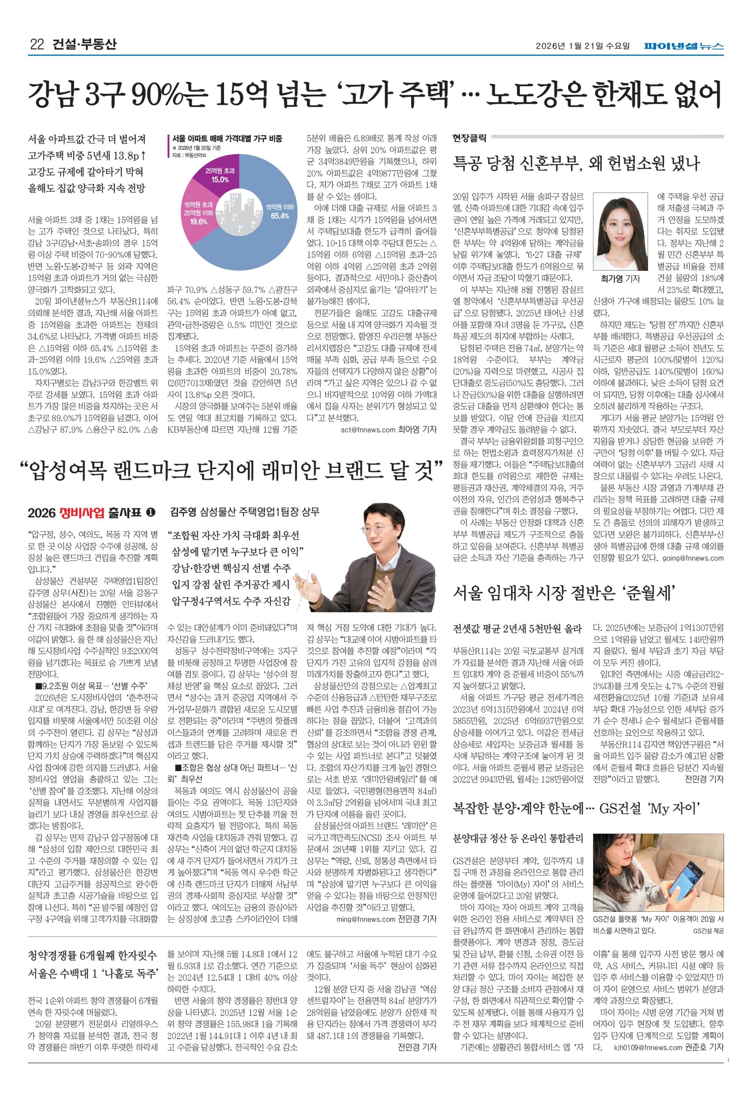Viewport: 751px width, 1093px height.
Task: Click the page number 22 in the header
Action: (x=37, y=45)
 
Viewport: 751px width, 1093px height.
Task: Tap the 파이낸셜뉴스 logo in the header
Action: (x=684, y=46)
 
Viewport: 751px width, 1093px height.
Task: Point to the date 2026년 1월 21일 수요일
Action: (x=583, y=46)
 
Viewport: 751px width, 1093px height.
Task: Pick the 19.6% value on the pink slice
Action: (x=199, y=221)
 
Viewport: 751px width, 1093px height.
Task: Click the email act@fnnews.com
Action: (x=367, y=430)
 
